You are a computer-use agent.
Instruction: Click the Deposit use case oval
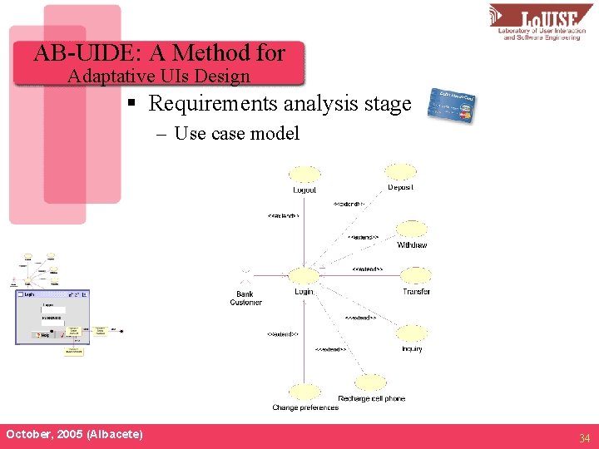(x=401, y=172)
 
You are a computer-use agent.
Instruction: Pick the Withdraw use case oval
(x=411, y=229)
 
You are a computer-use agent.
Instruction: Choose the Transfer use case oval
(x=415, y=276)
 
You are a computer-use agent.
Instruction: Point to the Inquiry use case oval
(x=411, y=334)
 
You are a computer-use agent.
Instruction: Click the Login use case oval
(x=304, y=276)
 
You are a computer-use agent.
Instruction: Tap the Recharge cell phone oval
(x=370, y=383)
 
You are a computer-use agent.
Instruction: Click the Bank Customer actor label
(x=245, y=298)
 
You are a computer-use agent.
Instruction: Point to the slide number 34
(x=584, y=437)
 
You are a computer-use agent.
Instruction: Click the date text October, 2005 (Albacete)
(x=74, y=435)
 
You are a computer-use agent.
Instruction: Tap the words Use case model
(x=236, y=134)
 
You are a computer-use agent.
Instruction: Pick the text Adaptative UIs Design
(x=159, y=76)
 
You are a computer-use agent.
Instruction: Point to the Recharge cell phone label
(x=372, y=399)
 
